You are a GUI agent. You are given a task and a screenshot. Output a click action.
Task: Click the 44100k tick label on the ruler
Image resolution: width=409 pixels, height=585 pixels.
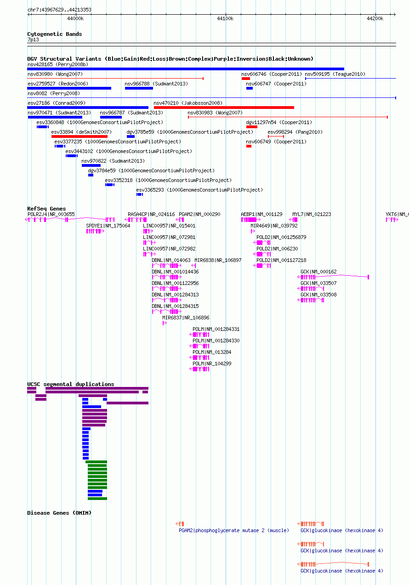click(x=225, y=18)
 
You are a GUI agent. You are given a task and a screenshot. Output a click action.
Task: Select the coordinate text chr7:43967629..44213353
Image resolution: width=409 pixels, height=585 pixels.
click(x=60, y=10)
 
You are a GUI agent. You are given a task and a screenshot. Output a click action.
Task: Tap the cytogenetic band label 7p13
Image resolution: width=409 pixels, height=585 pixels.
click(x=33, y=40)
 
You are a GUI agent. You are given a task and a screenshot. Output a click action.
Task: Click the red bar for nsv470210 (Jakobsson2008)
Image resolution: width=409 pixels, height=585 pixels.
click(x=224, y=108)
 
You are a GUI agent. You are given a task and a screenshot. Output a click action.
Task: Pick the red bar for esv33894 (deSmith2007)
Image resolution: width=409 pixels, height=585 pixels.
click(x=80, y=136)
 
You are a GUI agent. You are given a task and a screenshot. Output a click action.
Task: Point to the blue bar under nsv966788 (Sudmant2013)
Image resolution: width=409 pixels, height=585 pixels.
click(x=139, y=88)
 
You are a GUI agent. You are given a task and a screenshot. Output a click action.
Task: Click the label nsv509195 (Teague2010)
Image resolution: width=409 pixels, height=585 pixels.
click(x=335, y=74)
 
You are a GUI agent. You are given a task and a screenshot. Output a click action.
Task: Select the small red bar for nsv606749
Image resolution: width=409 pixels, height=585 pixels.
click(x=249, y=146)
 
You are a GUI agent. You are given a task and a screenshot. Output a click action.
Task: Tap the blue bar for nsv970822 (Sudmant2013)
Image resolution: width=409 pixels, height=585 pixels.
click(x=91, y=165)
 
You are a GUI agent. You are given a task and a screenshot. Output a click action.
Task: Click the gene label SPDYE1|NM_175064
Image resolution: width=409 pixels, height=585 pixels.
click(x=108, y=226)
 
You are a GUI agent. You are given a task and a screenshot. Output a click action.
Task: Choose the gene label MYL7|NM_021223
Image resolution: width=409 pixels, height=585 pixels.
click(x=312, y=214)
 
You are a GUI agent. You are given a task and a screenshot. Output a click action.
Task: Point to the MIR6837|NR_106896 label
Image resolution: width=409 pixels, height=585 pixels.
click(x=186, y=318)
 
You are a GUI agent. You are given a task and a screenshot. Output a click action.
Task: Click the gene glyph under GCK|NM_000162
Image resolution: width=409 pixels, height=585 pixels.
click(x=333, y=277)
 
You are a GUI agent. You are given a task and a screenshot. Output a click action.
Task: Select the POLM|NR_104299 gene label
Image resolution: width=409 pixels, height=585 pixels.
click(x=212, y=363)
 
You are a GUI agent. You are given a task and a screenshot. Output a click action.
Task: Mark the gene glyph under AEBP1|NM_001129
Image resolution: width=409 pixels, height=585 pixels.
click(x=251, y=220)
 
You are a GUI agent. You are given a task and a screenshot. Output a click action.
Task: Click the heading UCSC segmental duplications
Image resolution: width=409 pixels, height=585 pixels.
click(x=70, y=384)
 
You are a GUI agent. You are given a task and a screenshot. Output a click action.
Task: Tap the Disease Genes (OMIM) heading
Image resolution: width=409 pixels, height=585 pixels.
click(x=59, y=513)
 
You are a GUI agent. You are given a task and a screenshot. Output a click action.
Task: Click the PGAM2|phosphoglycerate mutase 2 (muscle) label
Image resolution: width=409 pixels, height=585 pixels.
click(x=234, y=530)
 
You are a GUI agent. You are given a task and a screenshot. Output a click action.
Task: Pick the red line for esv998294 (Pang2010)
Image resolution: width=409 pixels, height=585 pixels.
click(x=276, y=136)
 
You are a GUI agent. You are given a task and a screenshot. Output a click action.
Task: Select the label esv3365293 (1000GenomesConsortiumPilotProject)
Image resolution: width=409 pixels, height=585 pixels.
click(x=199, y=190)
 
